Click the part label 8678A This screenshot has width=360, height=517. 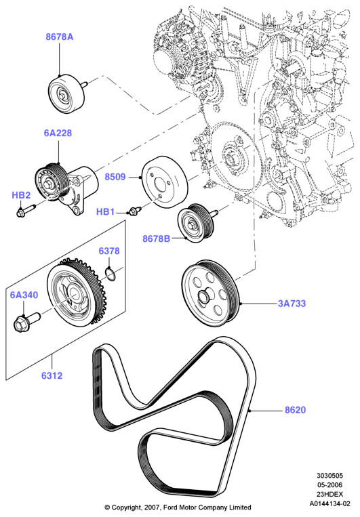click(60, 37)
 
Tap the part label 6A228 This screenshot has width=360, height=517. click(58, 133)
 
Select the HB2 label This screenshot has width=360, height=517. click(21, 195)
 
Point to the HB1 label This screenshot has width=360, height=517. click(105, 211)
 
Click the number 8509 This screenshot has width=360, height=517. click(115, 177)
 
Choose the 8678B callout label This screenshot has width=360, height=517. click(157, 238)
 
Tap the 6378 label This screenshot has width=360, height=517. click(109, 251)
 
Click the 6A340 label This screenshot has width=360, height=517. click(24, 295)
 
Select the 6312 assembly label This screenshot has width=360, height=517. click(52, 375)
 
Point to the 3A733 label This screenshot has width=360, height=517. click(292, 303)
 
